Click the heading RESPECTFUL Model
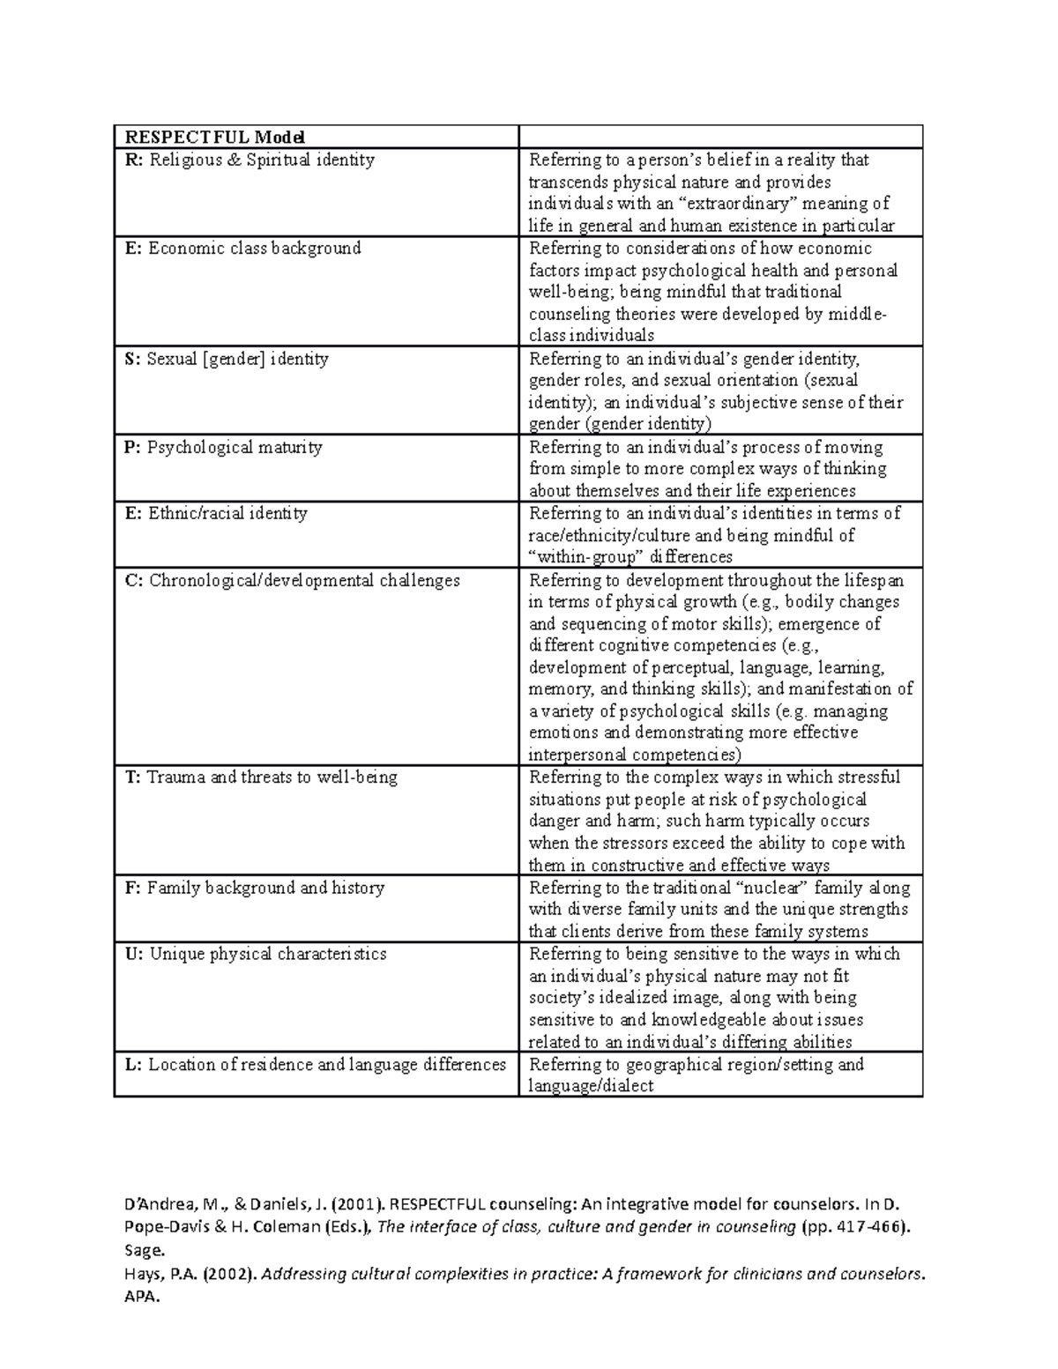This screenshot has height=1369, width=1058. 215,138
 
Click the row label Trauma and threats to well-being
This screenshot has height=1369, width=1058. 261,778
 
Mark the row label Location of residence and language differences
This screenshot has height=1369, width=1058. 316,1065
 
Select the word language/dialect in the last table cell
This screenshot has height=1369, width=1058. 591,1087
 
